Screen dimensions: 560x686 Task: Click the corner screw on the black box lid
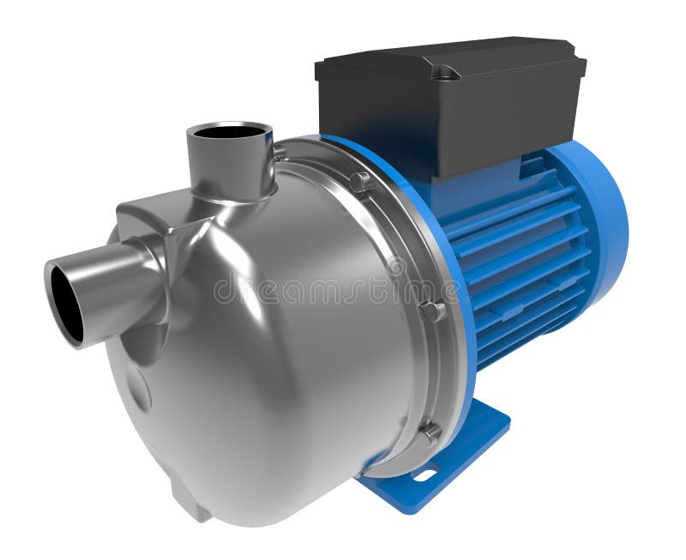pyautogui.click(x=445, y=75)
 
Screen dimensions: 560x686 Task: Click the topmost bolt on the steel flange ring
pyautogui.click(x=360, y=181)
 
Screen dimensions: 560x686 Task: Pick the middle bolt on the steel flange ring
pyautogui.click(x=432, y=310)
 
